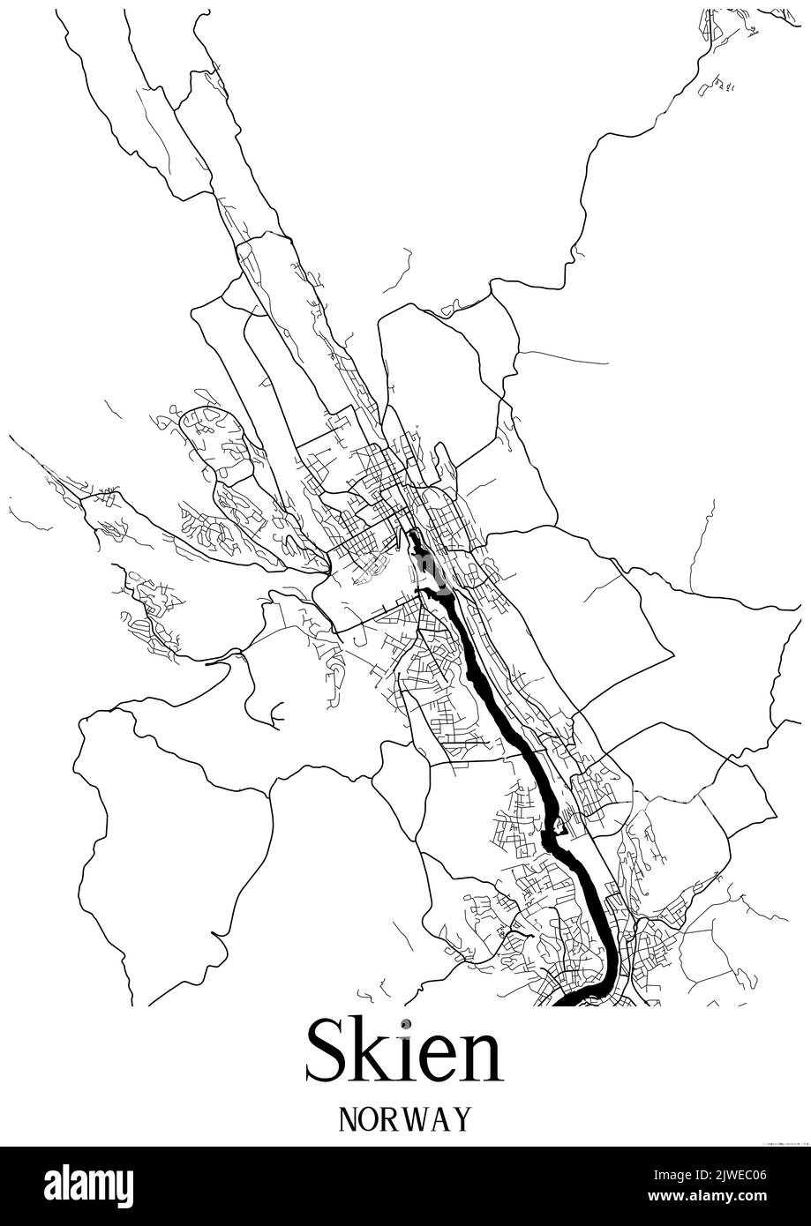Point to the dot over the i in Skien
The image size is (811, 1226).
(404, 1024)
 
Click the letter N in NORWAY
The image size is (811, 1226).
(348, 1118)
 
